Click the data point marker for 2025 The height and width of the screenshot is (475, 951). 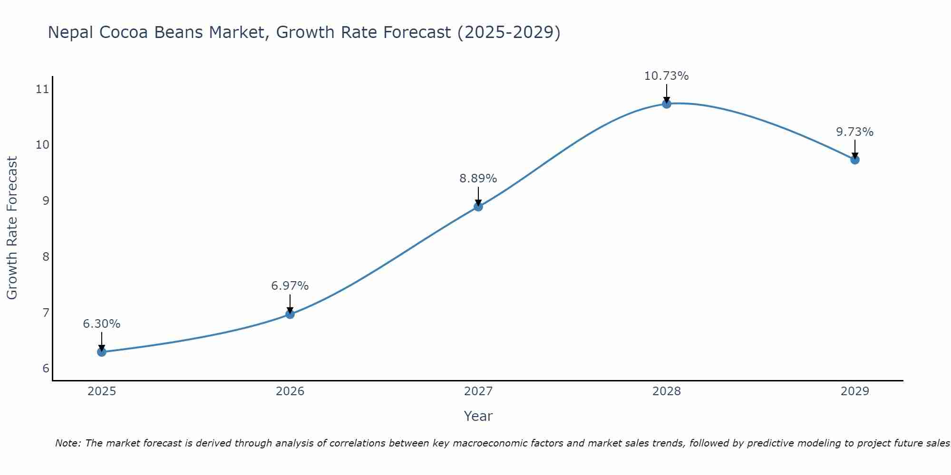102,352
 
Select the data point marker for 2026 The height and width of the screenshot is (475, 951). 290,314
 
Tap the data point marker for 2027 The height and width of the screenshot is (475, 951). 478,207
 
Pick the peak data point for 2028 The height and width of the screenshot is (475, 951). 667,104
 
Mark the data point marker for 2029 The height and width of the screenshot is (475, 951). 855,160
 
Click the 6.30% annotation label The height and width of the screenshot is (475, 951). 102,324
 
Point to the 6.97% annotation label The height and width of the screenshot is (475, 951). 290,286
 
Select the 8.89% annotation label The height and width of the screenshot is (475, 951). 478,179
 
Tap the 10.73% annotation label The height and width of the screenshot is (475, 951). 667,76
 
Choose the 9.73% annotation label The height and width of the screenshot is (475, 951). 855,132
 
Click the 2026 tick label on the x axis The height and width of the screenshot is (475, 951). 290,391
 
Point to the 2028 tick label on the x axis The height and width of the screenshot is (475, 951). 667,391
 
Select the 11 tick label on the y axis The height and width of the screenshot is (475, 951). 42,89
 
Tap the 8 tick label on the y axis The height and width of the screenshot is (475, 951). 46,257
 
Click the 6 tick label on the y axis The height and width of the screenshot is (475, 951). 46,369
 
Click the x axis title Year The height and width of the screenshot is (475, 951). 478,416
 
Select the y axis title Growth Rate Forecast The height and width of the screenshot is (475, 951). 12,228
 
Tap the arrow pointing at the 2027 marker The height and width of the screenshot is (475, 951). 478,196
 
